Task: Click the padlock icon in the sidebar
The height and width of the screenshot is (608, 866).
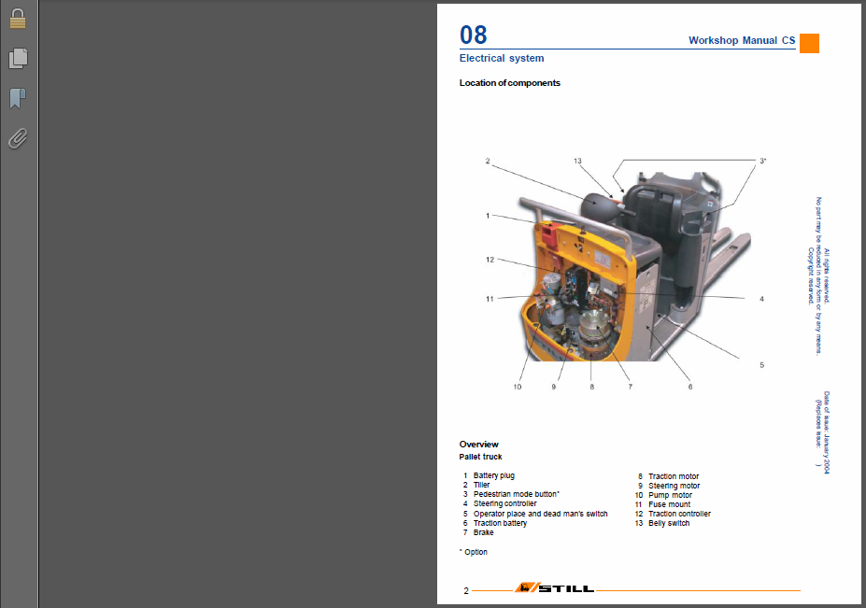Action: tap(18, 19)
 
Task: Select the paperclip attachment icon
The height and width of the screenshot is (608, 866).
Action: tap(18, 138)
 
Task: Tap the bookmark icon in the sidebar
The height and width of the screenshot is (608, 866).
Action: tap(18, 98)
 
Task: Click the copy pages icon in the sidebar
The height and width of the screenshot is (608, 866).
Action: tap(18, 58)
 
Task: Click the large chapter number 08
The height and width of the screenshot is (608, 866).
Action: tap(474, 35)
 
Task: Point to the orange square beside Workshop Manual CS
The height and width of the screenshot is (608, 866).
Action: tap(809, 44)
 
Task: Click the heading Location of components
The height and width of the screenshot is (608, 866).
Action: tap(510, 83)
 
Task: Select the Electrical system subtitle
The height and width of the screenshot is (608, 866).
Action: tap(502, 58)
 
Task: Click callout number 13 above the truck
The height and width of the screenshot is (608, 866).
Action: tap(577, 162)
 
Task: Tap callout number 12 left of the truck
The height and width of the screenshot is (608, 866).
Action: tap(490, 260)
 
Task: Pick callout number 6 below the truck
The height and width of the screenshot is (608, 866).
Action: tap(690, 387)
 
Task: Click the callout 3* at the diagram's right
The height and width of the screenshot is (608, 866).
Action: tap(762, 162)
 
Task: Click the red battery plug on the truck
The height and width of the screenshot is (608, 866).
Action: tap(549, 235)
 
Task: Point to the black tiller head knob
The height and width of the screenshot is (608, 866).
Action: tap(595, 205)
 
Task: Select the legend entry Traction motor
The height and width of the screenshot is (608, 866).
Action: tap(674, 476)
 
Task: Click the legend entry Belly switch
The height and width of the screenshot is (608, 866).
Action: tap(669, 523)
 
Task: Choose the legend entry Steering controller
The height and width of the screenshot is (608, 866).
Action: tap(504, 503)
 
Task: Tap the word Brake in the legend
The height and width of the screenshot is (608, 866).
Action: tap(483, 532)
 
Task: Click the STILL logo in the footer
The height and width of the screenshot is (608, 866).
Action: tap(555, 588)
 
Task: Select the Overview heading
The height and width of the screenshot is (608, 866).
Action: tap(479, 445)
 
